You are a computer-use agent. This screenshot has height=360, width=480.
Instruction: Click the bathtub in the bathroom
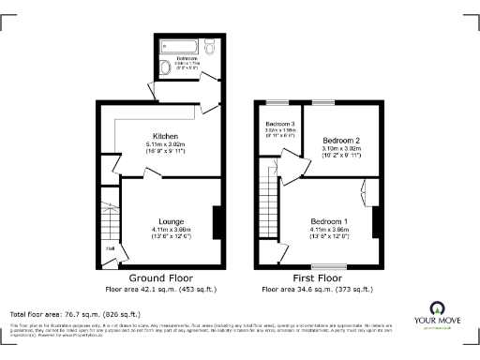pyautogui.click(x=179, y=45)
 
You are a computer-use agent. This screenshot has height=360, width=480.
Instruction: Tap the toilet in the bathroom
pyautogui.click(x=209, y=45)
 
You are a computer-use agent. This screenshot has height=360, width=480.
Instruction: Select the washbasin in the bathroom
pyautogui.click(x=164, y=66)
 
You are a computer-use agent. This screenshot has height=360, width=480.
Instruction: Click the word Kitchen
pyautogui.click(x=165, y=136)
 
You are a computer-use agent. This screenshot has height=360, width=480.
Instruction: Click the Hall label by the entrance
pyautogui.click(x=111, y=248)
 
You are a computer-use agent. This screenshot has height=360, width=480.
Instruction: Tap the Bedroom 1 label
pyautogui.click(x=330, y=221)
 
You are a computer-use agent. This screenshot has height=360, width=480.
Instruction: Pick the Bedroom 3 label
pyautogui.click(x=279, y=124)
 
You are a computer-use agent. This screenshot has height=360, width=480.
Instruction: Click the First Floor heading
pyautogui.click(x=315, y=278)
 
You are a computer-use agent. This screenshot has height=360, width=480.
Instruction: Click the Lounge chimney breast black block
pyautogui.click(x=218, y=223)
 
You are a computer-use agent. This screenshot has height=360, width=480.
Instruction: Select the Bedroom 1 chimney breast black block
pyautogui.click(x=377, y=223)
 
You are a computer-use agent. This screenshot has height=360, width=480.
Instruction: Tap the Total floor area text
pyautogui.click(x=75, y=313)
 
